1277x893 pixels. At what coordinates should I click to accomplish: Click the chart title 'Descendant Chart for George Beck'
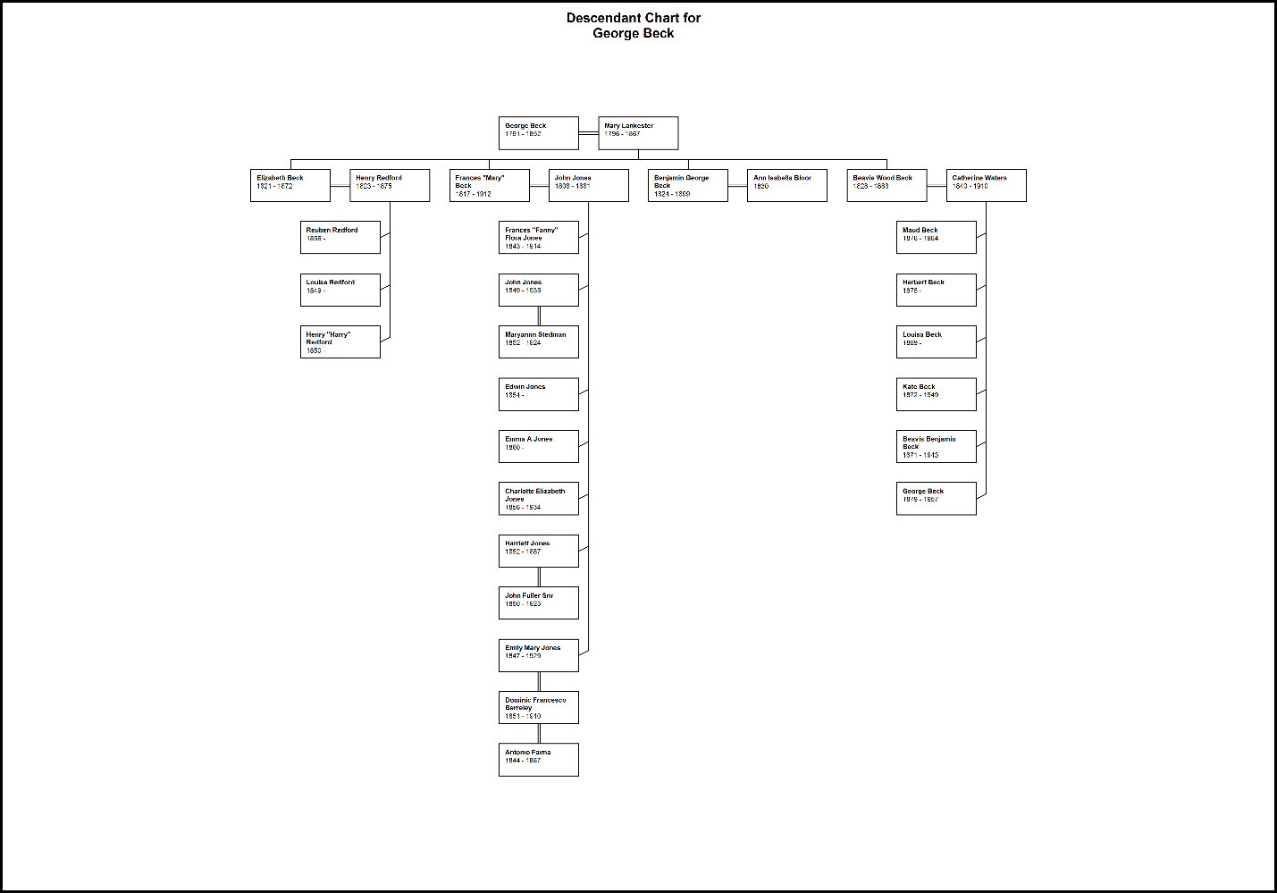634,25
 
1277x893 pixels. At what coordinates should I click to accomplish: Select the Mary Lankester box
638,133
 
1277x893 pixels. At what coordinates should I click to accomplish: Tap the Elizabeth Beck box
290,185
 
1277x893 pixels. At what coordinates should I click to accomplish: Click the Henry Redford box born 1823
390,185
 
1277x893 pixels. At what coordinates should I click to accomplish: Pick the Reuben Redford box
340,237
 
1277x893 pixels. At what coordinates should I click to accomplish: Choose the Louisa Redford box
340,290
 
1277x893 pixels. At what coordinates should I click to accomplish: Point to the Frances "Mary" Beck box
490,185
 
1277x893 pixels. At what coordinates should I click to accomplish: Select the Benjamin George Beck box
688,185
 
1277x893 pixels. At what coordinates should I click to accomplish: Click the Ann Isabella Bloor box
787,185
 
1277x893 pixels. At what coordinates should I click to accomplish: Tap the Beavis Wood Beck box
886,185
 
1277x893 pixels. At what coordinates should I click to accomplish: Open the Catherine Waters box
987,185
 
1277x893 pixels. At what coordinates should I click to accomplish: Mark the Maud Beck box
937,237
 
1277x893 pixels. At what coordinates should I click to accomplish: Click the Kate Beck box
937,394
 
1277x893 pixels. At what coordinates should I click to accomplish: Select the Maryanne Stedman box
539,341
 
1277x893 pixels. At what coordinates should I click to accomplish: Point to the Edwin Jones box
539,394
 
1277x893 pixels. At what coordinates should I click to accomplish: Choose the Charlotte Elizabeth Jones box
539,499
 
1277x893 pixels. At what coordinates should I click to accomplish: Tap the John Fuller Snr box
539,602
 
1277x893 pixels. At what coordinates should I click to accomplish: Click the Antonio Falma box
539,760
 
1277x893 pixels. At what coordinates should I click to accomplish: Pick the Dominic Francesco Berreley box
539,707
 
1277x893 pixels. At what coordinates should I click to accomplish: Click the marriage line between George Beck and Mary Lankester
589,133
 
